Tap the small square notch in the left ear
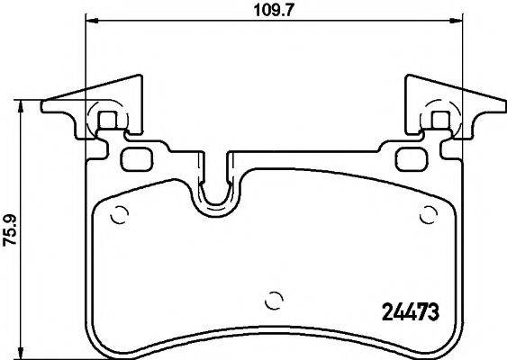pos(106,119)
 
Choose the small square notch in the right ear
pos(440,119)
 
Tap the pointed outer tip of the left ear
pos(44,111)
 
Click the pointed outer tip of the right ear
pos(503,111)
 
